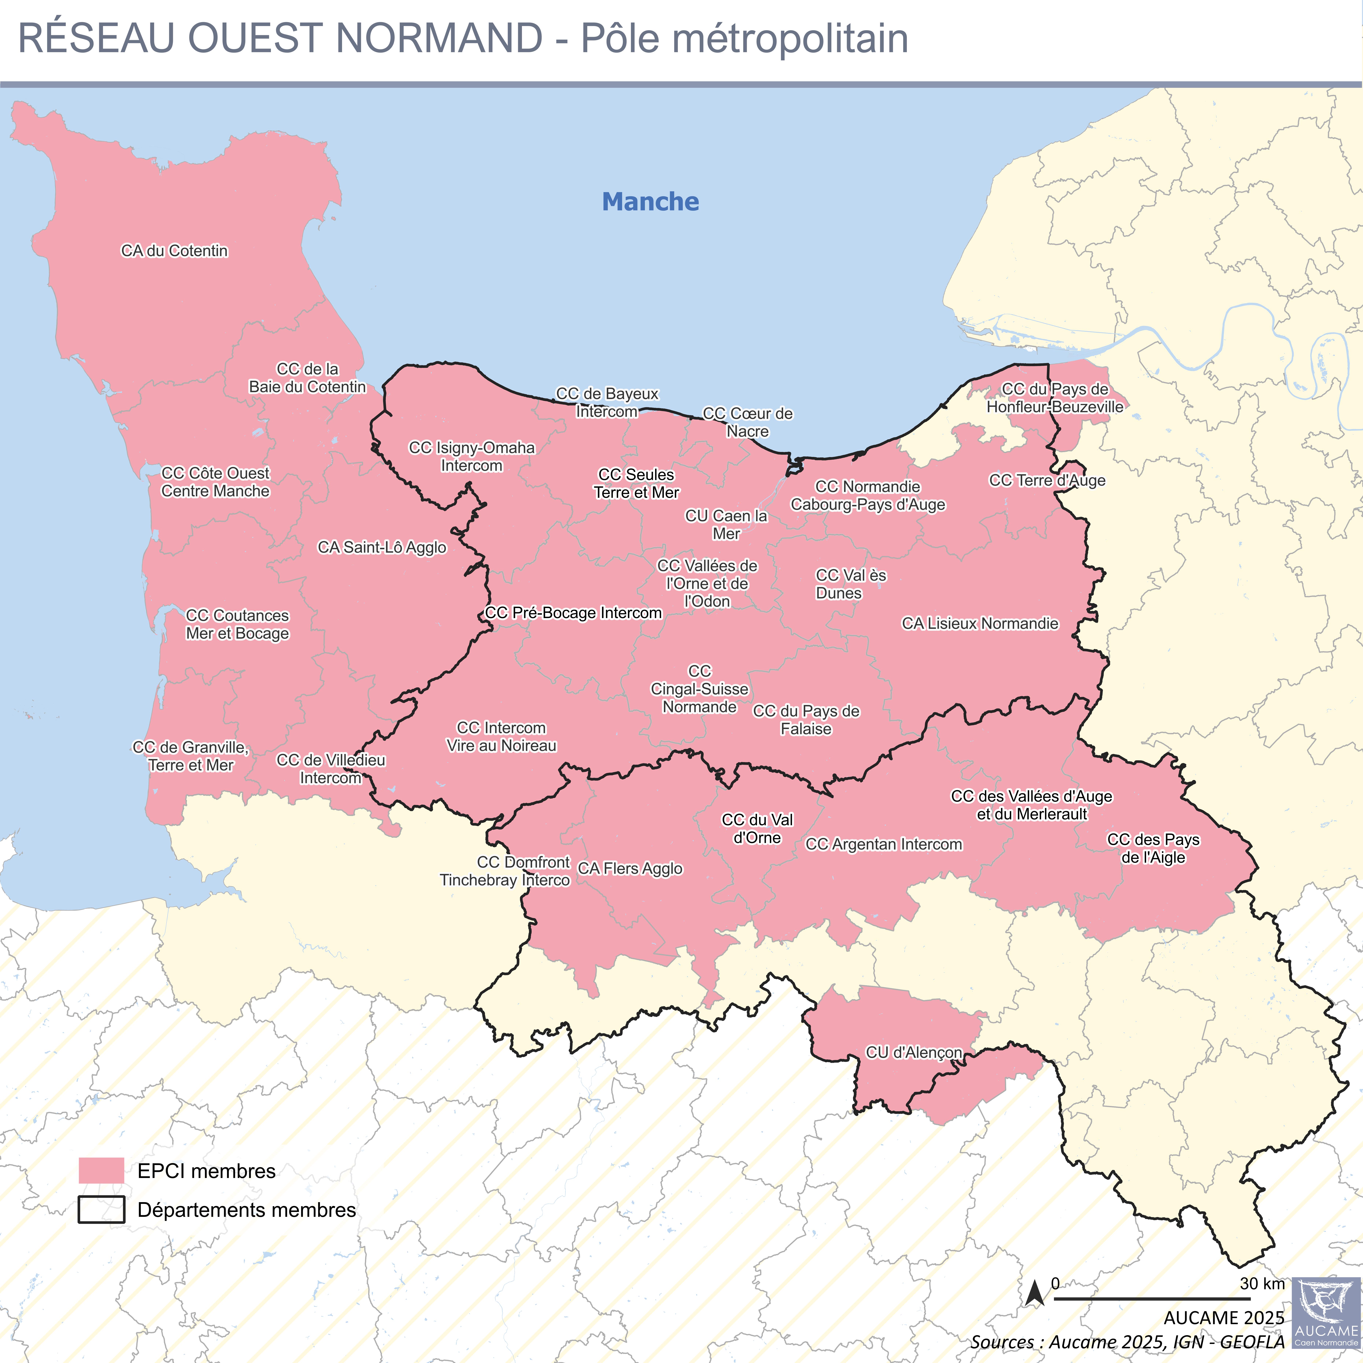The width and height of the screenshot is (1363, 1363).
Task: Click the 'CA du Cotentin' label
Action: pyautogui.click(x=174, y=251)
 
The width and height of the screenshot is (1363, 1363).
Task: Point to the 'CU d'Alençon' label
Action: pyautogui.click(x=914, y=1053)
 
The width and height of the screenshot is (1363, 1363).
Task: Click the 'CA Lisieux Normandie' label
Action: pyautogui.click(x=980, y=624)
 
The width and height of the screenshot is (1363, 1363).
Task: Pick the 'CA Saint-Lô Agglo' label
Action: pyautogui.click(x=382, y=547)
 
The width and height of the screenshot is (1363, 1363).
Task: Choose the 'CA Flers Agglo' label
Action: pyautogui.click(x=630, y=868)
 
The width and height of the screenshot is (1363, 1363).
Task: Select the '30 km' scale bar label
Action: pyautogui.click(x=1262, y=1283)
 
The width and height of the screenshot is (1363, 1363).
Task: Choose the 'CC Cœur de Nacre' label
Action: pyautogui.click(x=748, y=423)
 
